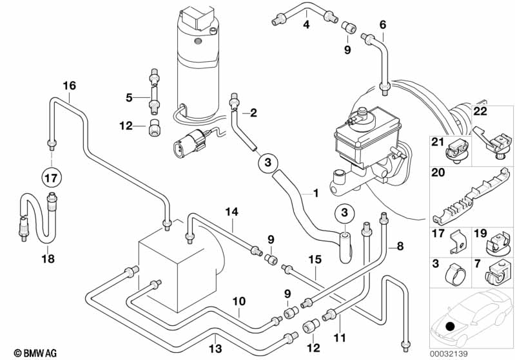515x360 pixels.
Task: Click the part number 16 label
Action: pos(69,86)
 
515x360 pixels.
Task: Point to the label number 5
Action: pos(129,97)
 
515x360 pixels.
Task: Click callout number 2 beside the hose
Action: pos(253,113)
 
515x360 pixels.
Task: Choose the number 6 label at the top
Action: pos(382,25)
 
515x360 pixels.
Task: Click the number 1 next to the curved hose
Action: pos(316,193)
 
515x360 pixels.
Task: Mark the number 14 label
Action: pos(231,211)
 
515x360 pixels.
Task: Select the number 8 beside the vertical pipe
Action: pos(400,245)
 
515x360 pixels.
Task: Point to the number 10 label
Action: pos(238,300)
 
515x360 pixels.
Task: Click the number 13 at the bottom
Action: pos(216,348)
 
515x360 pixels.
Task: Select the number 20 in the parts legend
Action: pos(438,172)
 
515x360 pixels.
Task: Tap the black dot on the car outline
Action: pos(448,327)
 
